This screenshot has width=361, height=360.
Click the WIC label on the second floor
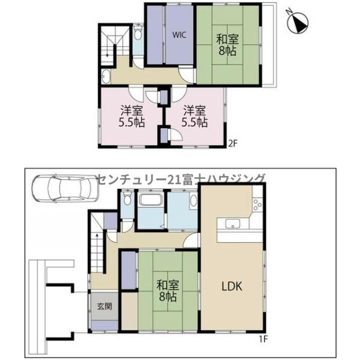tap(179, 35)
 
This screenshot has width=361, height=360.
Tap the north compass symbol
tap(297, 22)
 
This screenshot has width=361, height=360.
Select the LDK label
tap(232, 287)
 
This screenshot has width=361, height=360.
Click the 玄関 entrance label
tap(105, 306)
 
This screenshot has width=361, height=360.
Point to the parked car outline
tap(65, 188)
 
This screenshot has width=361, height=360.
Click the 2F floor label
tap(232, 143)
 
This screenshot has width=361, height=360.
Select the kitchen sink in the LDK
tap(233, 223)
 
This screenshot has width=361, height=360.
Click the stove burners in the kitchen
tap(258, 204)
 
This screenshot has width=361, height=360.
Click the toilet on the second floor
tap(138, 33)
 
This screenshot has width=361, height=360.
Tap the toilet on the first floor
tap(127, 198)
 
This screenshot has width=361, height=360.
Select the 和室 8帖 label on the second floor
tap(227, 45)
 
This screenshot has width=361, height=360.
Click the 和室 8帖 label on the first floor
tap(168, 291)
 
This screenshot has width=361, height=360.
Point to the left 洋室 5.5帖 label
tap(131, 117)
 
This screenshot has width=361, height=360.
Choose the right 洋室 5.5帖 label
tap(194, 117)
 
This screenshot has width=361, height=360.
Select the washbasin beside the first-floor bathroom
tap(193, 201)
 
